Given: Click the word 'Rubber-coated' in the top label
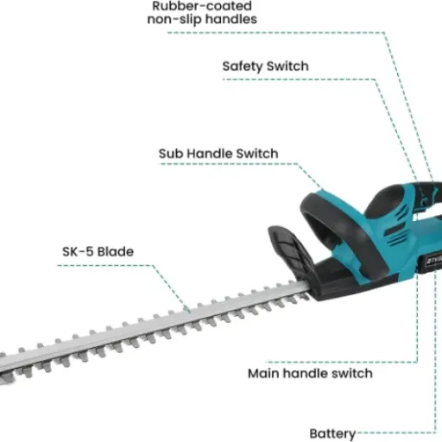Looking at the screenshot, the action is click(202, 6).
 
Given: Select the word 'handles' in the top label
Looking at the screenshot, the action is click(231, 19).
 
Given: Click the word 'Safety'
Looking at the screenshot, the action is click(242, 66).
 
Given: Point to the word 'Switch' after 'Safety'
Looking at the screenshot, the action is click(287, 66).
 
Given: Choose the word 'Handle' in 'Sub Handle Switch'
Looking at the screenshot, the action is click(210, 154).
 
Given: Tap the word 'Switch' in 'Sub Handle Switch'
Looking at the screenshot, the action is click(257, 154).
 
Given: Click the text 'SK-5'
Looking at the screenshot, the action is click(78, 251).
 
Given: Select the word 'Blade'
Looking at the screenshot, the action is click(116, 251).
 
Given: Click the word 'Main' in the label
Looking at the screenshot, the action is click(263, 373).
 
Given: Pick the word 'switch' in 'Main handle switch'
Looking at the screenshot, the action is click(352, 373).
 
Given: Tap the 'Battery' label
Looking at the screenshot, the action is click(332, 433).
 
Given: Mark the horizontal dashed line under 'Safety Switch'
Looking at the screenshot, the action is click(299, 79).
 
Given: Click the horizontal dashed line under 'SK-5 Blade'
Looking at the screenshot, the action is click(104, 265).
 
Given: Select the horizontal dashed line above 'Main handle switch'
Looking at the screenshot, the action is click(342, 362).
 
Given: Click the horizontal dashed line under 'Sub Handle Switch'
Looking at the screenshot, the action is click(228, 164).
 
